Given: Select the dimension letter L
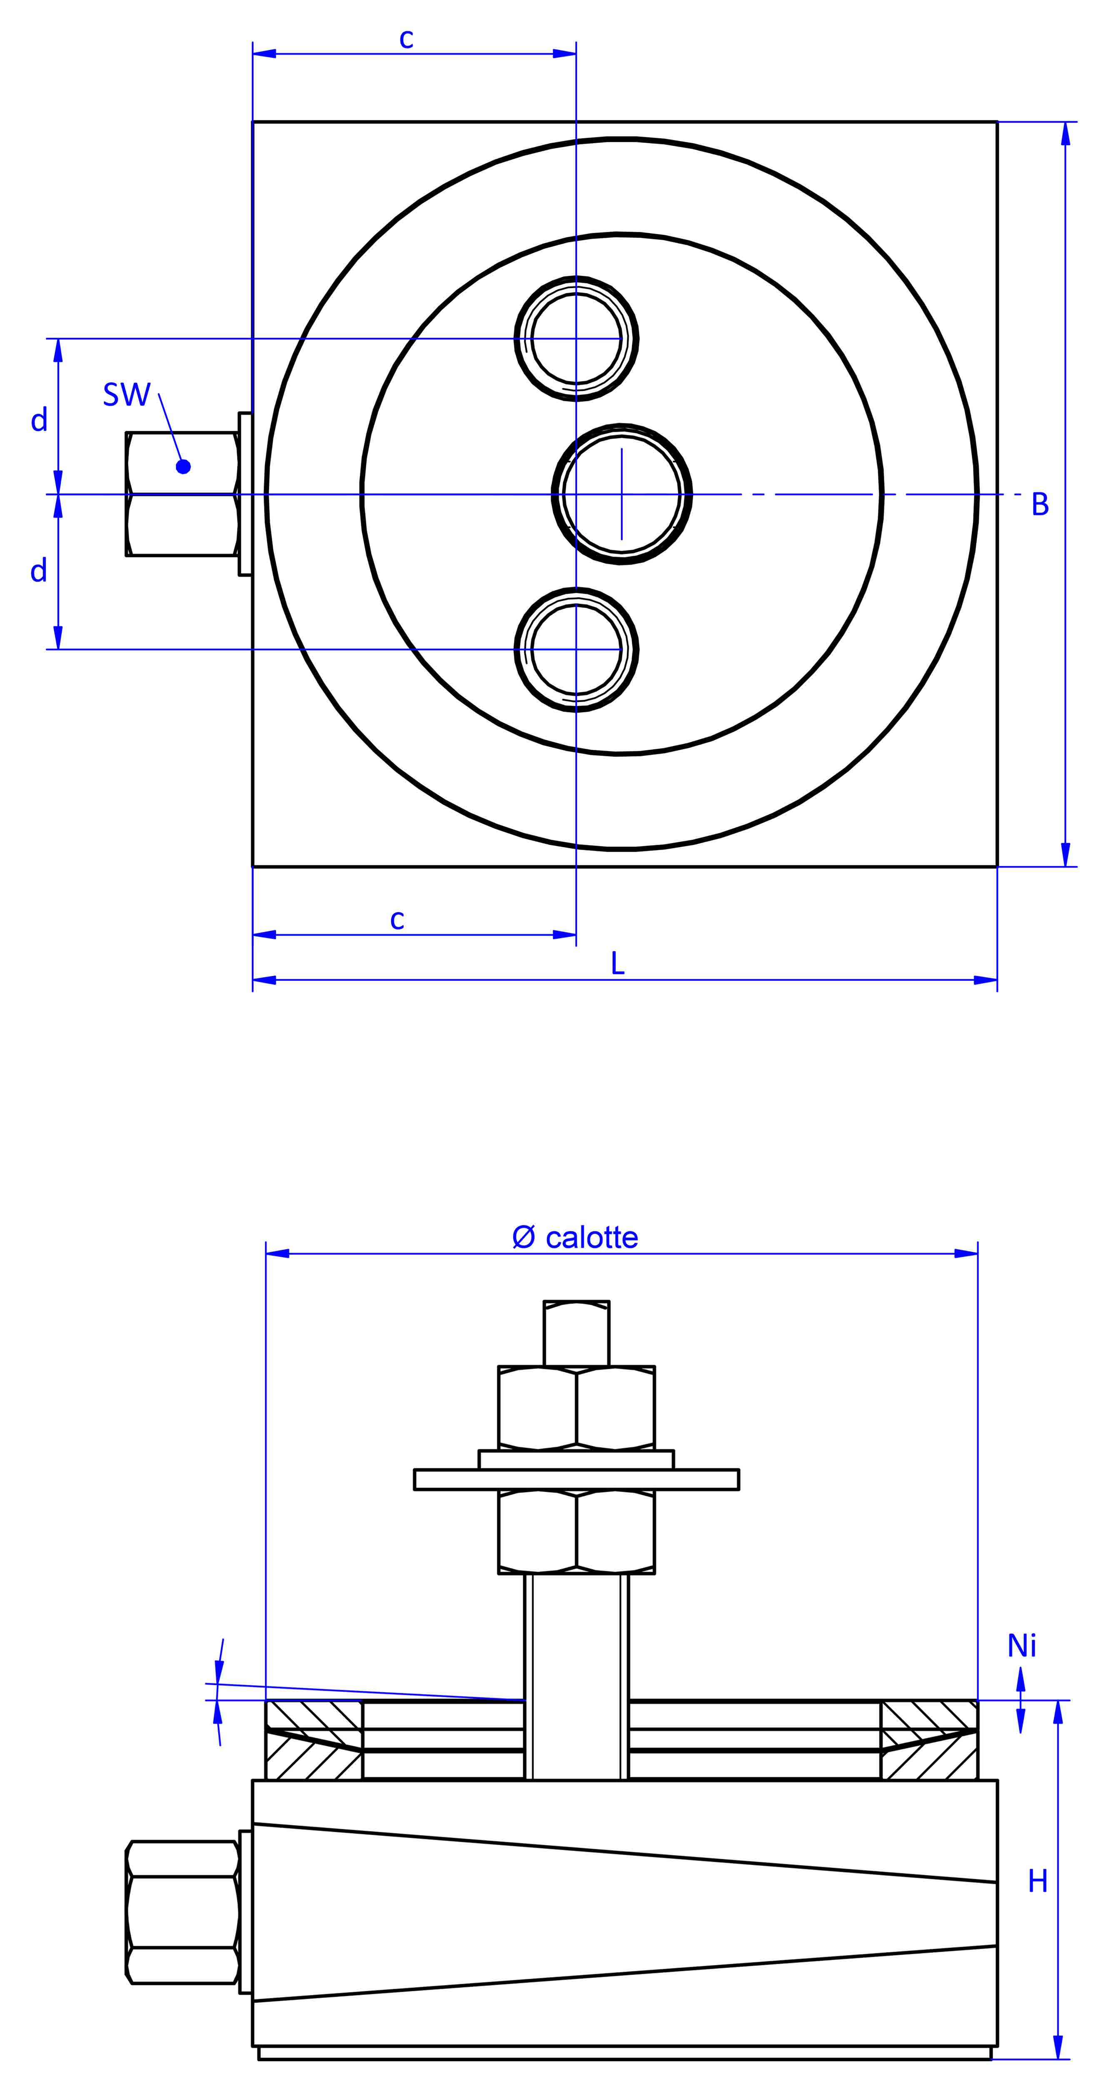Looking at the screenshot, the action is point(617,964).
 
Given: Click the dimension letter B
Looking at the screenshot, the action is point(1040,504).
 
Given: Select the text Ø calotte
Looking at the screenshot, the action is point(575,1238).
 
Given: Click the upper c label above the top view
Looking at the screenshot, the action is point(406,38).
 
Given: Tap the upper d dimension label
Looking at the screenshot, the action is point(39,420).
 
